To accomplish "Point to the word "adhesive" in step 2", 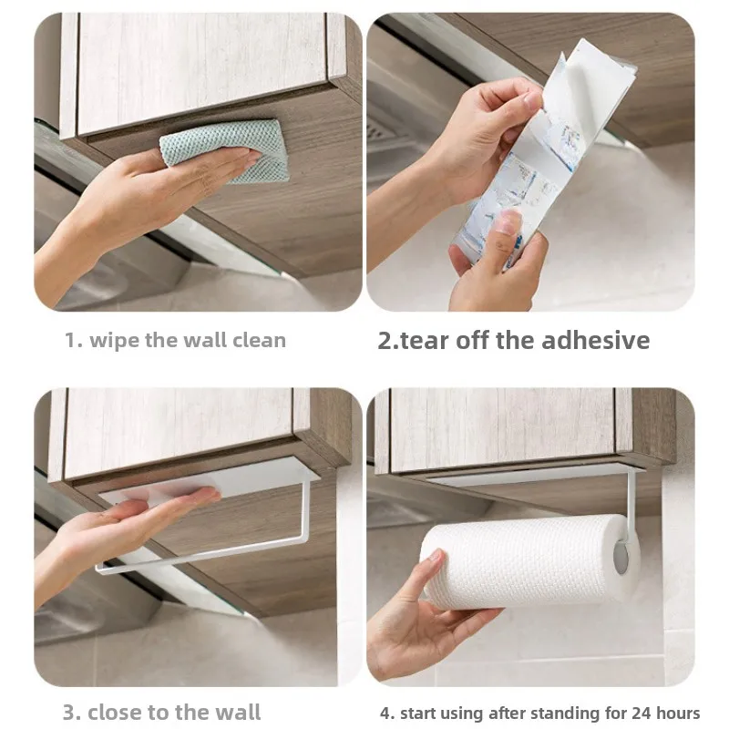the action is (596, 340).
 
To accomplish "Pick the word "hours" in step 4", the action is (677, 713).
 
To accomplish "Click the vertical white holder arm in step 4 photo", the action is (631, 506).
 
